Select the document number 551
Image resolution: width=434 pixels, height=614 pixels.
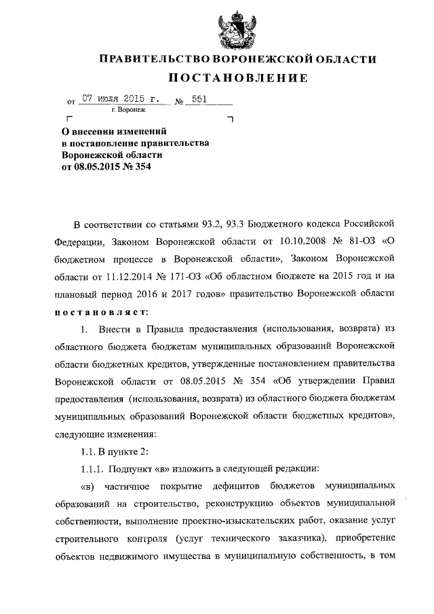click(199, 98)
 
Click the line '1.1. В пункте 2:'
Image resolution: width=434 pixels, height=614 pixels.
click(111, 452)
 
